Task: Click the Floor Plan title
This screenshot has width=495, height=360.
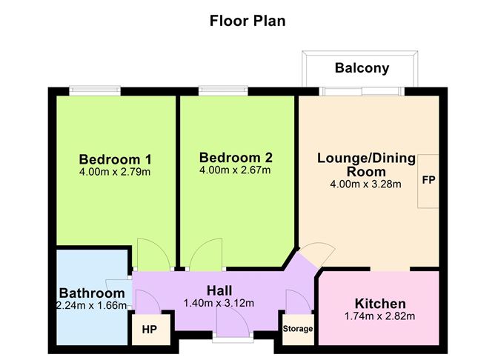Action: tap(247, 21)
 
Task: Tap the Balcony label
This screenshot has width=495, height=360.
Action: tap(361, 68)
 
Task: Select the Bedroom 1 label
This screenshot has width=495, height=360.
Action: tap(115, 159)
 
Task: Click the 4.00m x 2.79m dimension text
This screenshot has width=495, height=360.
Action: tap(115, 173)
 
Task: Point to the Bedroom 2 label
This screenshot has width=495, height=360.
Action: tap(236, 157)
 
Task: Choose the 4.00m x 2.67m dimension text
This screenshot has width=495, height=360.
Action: tap(236, 170)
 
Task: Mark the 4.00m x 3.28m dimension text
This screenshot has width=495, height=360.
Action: tap(365, 184)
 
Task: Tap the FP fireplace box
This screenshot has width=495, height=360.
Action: tap(428, 180)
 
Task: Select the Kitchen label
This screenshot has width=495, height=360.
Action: tap(379, 304)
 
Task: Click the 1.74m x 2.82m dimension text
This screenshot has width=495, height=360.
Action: tap(379, 317)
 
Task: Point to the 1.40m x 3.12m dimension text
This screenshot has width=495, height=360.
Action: tap(219, 302)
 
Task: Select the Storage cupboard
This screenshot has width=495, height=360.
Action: tap(297, 328)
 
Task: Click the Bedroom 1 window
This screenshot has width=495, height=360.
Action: tap(95, 91)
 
